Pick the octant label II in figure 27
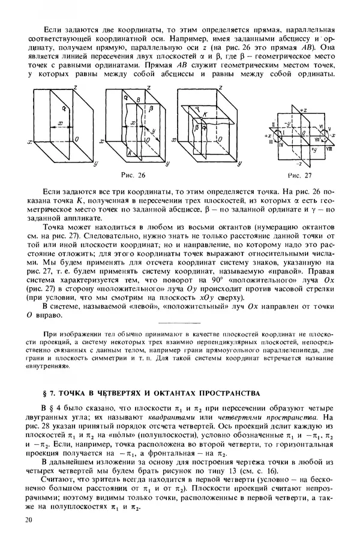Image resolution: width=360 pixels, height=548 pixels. click(x=273, y=125)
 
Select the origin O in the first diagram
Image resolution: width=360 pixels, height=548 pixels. click(x=71, y=139)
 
